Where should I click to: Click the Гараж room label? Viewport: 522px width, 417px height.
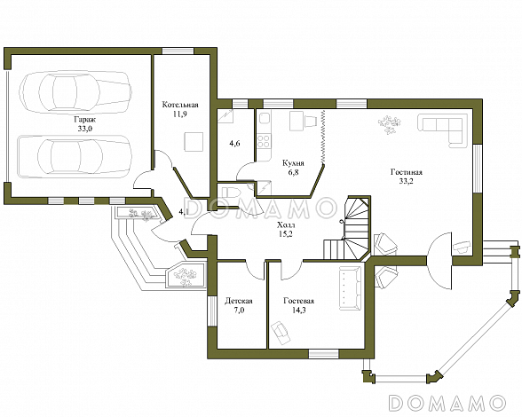click(x=84, y=120)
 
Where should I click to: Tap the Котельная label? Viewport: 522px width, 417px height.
click(x=180, y=105)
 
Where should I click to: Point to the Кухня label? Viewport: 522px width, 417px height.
click(x=293, y=163)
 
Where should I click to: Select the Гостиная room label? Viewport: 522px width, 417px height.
click(x=407, y=172)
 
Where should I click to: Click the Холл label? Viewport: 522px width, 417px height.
click(x=286, y=225)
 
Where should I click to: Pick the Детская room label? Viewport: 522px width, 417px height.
click(x=239, y=301)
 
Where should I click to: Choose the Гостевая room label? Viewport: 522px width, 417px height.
click(x=298, y=301)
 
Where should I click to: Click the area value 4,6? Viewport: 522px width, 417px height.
click(x=234, y=144)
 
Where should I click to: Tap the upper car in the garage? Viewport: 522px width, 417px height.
click(x=75, y=90)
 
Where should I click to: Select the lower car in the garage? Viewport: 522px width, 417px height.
click(x=75, y=156)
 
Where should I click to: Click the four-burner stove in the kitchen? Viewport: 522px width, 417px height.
click(x=264, y=141)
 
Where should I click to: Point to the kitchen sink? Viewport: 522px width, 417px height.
click(x=265, y=118)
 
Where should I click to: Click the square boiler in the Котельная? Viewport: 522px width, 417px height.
click(x=194, y=141)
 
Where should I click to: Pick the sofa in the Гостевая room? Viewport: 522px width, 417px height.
click(x=351, y=288)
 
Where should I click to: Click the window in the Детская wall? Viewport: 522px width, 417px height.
click(x=211, y=311)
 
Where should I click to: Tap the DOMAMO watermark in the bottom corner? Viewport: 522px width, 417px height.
click(x=447, y=403)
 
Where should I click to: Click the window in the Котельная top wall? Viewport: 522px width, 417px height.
click(x=178, y=51)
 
